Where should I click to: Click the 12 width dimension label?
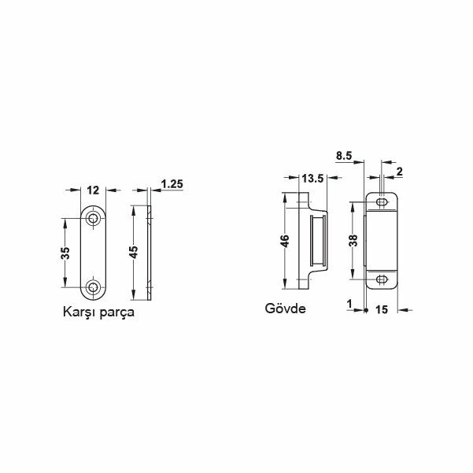93,190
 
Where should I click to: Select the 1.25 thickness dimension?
172,183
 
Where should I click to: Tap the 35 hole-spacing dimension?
65,253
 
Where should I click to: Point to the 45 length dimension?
134,252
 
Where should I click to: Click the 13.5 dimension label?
312,179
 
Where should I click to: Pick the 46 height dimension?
285,241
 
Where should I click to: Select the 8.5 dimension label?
344,156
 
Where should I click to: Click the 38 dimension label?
353,240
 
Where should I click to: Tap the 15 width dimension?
382,309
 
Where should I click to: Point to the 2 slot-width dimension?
400,172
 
